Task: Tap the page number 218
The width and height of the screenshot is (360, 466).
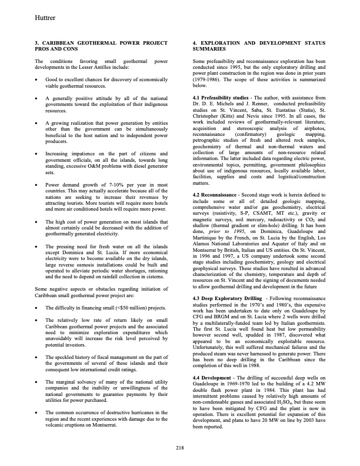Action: pyautogui.click(x=179, y=449)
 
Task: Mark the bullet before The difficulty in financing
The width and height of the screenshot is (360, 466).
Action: pyautogui.click(x=37, y=309)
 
